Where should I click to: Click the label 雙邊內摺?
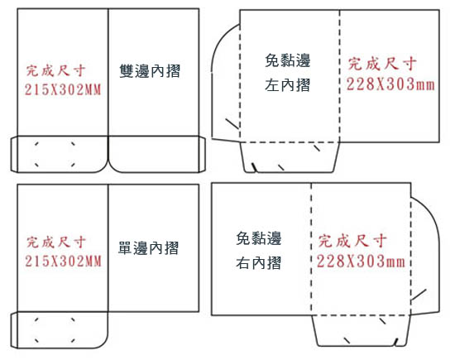(x=150, y=71)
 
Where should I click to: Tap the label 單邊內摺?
(x=148, y=248)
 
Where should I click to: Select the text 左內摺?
(x=287, y=85)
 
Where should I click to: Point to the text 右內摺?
(x=258, y=263)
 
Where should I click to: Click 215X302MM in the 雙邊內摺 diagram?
(x=63, y=89)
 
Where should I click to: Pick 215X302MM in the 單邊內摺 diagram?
(x=63, y=261)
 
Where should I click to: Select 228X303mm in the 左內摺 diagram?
(x=390, y=84)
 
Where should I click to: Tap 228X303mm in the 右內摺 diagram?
(x=361, y=261)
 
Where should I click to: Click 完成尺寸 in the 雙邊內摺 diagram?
(x=56, y=70)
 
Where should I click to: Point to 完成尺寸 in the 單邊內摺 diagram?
(x=56, y=242)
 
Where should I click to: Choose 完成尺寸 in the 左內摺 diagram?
(x=382, y=64)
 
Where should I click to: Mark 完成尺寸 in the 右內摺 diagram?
(x=352, y=241)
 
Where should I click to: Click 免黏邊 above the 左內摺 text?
(x=288, y=60)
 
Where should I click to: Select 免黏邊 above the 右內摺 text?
(x=259, y=238)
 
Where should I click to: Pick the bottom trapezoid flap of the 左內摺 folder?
(x=290, y=157)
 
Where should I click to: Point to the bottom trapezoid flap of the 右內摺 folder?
(x=362, y=330)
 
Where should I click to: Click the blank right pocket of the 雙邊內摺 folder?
(x=154, y=154)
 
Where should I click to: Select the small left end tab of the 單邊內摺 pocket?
(x=14, y=330)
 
